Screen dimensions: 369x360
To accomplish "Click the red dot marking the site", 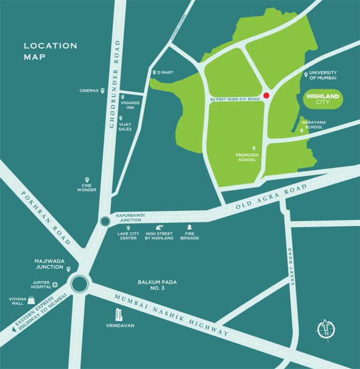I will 266,95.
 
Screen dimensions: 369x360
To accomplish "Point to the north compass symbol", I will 327,328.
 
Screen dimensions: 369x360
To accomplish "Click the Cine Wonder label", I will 87,187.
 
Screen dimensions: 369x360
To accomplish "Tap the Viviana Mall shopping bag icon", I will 32,299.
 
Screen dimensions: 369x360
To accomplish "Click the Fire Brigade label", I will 190,236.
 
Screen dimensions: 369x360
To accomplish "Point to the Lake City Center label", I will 128,236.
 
